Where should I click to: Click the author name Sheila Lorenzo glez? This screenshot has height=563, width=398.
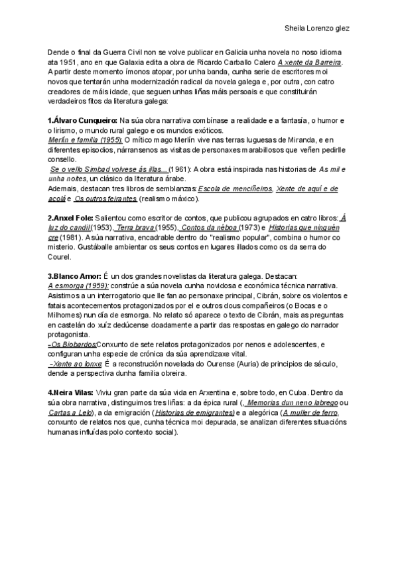(317, 29)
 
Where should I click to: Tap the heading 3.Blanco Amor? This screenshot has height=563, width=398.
(74, 276)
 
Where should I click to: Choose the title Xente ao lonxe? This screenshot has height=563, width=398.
(75, 364)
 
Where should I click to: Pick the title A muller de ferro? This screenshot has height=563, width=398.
(310, 412)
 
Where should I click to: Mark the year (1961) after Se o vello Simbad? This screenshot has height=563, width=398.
(180, 169)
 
